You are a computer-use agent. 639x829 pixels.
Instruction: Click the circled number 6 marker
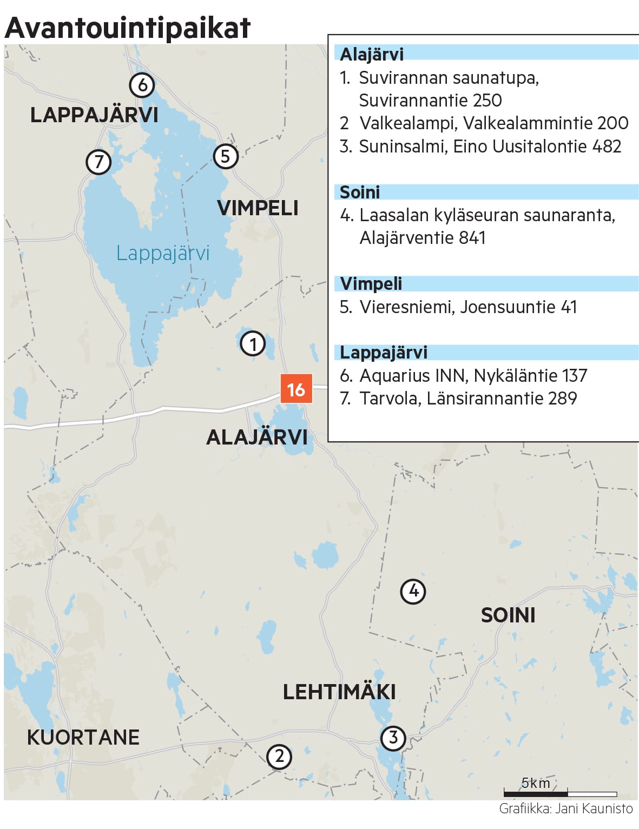point(142,85)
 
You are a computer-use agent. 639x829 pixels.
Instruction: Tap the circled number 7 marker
point(98,162)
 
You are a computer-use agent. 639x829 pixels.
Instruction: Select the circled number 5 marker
point(226,156)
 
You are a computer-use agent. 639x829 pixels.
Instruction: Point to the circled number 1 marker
point(253,343)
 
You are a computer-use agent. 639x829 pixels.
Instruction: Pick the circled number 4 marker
point(413,591)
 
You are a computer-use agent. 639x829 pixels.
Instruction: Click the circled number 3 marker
point(393,738)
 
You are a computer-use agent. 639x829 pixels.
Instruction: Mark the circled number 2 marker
point(279,757)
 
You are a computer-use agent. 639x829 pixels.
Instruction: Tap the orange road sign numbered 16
point(296,389)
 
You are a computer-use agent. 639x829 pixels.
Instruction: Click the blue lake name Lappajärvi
point(162,253)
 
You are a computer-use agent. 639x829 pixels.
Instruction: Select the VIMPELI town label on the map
point(258,208)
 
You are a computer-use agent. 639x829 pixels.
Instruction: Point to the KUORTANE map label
point(83,737)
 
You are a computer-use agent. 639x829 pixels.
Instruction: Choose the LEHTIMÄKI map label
point(339,692)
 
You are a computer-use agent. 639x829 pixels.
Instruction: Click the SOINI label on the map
point(508,615)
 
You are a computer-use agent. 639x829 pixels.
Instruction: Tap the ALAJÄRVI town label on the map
point(256,437)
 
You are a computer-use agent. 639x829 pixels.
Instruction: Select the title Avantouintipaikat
point(128,27)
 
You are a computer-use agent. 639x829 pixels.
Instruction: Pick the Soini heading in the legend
point(360,192)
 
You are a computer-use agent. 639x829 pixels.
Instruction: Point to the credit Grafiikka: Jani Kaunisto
point(565,808)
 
